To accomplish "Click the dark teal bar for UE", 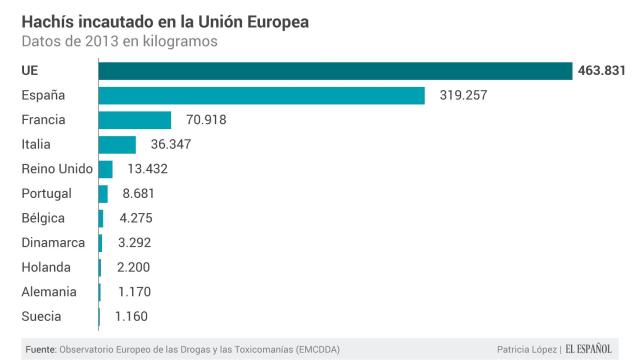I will pos(335,71).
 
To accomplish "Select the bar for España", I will pos(261,95).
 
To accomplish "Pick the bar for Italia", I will pos(117,144).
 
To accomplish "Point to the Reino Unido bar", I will pos(105,169).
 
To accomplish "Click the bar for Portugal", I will pos(103,194).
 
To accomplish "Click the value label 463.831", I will pos(603,71).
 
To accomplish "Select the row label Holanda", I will pos(46,267).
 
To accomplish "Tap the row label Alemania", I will pos(49,292).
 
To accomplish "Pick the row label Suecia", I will pos(42,317).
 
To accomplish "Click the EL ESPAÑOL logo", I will pos(597,349).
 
